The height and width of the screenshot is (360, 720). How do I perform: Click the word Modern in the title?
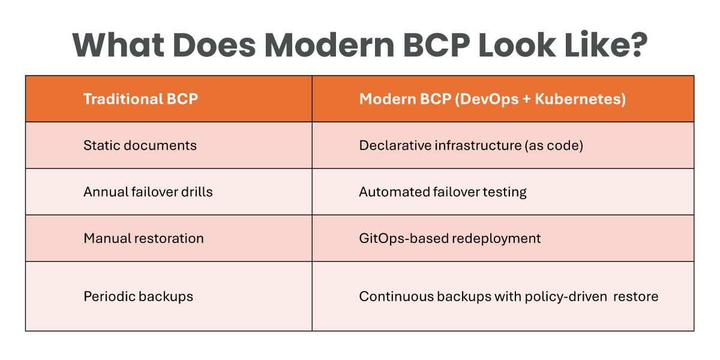(x=329, y=44)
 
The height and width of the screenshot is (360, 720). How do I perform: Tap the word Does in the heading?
(x=214, y=44)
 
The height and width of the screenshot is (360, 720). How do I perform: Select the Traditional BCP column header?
(x=140, y=98)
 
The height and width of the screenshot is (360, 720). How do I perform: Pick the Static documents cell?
(x=140, y=145)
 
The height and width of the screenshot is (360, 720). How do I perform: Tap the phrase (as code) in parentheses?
(x=554, y=146)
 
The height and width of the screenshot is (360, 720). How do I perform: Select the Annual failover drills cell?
(x=148, y=192)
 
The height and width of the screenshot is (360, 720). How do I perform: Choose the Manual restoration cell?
(x=143, y=239)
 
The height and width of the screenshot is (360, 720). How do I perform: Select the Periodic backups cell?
(x=138, y=296)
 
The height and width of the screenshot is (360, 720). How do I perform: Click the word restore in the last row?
(x=636, y=296)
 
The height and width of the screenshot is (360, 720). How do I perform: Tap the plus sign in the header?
(x=527, y=99)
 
